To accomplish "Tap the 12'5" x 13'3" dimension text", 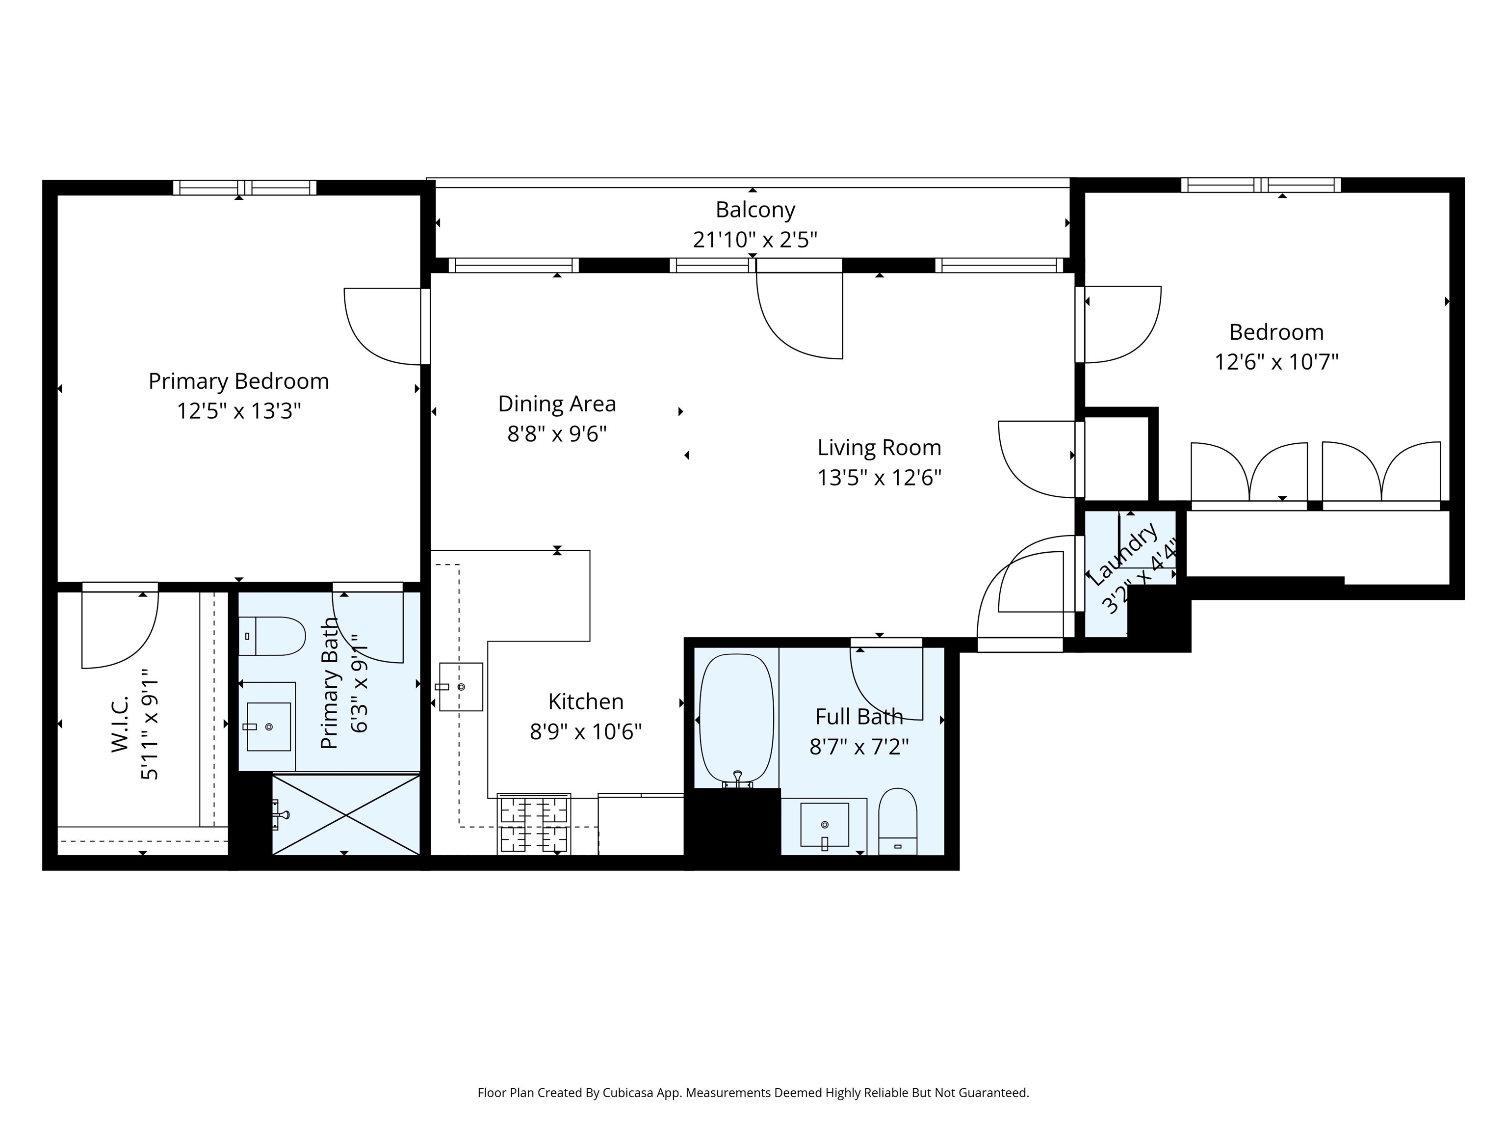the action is coord(239,411).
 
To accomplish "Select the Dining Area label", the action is coord(557,404).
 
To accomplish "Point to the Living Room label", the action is coord(879,448).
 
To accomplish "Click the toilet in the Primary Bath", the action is coord(271,636).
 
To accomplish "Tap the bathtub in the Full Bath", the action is coord(736,719).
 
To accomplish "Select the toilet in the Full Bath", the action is coord(897,821).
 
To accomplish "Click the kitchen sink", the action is coord(461,687).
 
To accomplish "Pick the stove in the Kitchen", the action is coord(534,824).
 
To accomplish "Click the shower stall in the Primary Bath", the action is coord(346,814).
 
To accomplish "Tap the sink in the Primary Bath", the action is coord(268,727).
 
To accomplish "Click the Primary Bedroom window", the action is coord(245,188).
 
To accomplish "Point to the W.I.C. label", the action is coord(120,724).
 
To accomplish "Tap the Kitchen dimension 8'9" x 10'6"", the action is coord(586,731).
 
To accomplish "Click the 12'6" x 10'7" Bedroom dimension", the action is coord(1276,361).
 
